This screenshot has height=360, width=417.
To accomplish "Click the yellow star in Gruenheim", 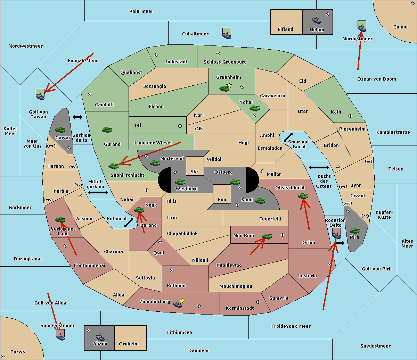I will (229, 85).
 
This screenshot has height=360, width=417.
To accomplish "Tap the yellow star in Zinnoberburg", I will (182, 301).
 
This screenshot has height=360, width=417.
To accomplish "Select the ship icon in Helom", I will (316, 20).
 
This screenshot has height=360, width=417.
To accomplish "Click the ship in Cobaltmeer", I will (227, 34).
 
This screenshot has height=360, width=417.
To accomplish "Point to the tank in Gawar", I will (60, 130).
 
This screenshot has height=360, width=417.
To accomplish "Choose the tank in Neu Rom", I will (267, 236).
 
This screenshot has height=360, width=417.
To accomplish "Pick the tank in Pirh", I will (354, 231).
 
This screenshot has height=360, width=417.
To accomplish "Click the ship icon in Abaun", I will (100, 337).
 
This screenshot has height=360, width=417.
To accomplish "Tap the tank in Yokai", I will (255, 108).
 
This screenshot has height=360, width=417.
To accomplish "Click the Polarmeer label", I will (141, 11).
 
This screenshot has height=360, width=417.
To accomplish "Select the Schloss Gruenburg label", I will (225, 62).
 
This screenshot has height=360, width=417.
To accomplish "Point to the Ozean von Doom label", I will (377, 79).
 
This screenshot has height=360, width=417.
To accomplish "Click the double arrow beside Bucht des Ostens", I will (319, 168).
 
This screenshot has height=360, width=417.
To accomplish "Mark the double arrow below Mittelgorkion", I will (98, 193).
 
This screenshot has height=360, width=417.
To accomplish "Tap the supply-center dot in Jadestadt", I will (156, 55).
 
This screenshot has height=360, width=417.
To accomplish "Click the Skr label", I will (195, 172).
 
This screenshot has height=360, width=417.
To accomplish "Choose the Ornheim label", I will (129, 344).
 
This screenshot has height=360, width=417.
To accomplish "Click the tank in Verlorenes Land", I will (60, 220).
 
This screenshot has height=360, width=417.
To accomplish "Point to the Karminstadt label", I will (240, 308).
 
